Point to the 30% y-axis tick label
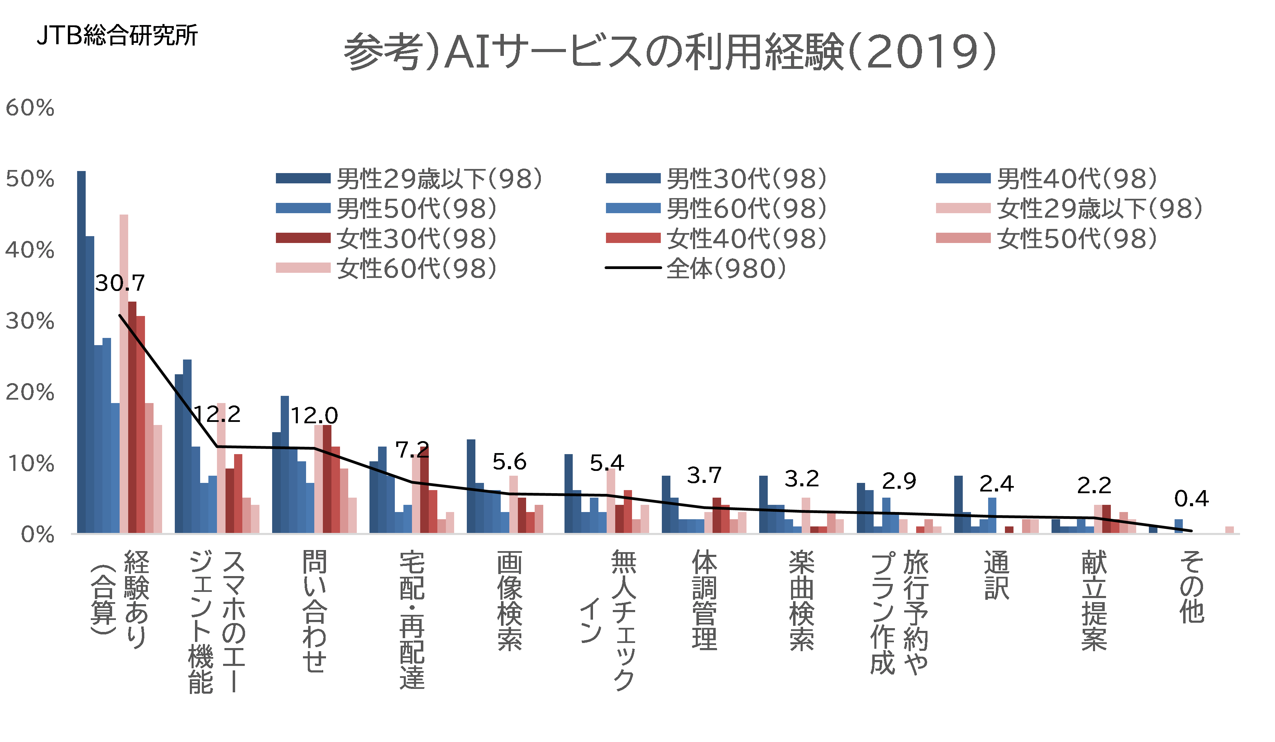(x=30, y=321)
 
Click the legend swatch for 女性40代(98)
(x=633, y=238)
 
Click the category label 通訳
(x=996, y=575)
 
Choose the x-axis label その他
(x=1191, y=587)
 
